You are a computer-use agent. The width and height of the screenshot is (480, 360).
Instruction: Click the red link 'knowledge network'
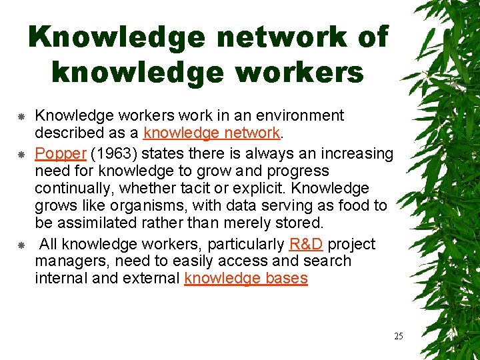[x=211, y=133]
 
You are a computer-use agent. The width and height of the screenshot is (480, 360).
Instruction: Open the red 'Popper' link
[x=61, y=154]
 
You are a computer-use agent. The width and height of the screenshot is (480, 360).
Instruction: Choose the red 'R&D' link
[x=307, y=245]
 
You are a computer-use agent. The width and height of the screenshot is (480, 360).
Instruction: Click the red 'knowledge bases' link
[x=246, y=279]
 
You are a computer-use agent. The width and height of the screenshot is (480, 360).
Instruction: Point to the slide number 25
[x=398, y=336]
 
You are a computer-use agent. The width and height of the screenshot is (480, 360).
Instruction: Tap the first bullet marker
[x=21, y=117]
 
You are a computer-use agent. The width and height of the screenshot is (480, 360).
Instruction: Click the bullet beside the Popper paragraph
[x=21, y=155]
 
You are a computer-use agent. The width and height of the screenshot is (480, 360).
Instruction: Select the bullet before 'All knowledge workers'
[x=21, y=245]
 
